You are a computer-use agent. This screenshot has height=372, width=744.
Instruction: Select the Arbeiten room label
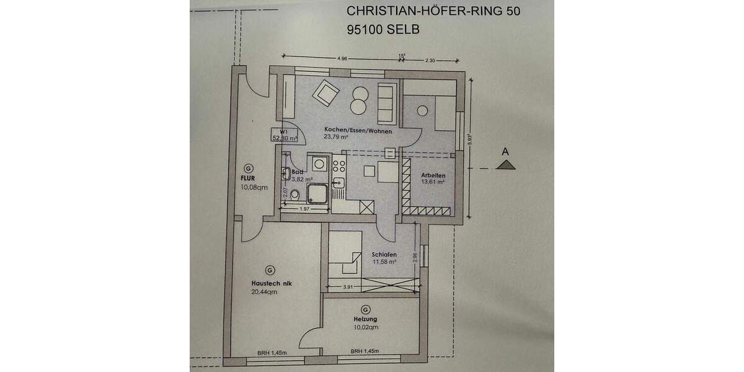(x=433, y=175)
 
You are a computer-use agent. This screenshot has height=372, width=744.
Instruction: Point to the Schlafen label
(x=384, y=255)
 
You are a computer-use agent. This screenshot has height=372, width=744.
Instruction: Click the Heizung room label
(x=366, y=320)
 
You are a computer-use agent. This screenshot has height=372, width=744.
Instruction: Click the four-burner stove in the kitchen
(x=339, y=166)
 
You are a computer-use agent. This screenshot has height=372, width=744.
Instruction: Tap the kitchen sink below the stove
(x=339, y=182)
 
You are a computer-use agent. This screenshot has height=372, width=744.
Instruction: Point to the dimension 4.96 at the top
(x=342, y=58)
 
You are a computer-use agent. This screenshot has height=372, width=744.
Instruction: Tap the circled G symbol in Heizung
(x=365, y=310)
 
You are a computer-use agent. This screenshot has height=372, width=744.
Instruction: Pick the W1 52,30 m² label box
(x=285, y=135)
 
